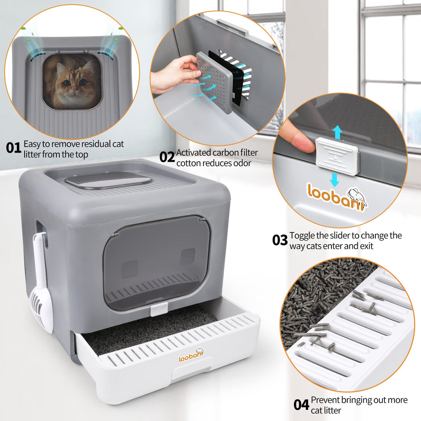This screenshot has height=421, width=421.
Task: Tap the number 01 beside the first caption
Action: click(14, 148)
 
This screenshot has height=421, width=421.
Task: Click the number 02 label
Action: click(167, 157)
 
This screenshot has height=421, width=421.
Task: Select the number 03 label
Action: click(280, 240)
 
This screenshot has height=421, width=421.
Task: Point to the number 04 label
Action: click(301, 404)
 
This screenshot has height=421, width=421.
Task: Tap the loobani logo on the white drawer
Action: click(191, 356)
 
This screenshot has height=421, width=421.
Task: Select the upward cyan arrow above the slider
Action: click(338, 133)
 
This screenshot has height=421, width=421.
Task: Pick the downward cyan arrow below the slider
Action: click(334, 180)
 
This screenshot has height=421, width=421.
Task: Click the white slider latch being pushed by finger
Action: click(337, 156)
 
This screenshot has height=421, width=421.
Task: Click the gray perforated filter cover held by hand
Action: click(215, 82)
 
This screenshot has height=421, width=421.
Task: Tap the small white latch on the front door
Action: click(159, 309)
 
